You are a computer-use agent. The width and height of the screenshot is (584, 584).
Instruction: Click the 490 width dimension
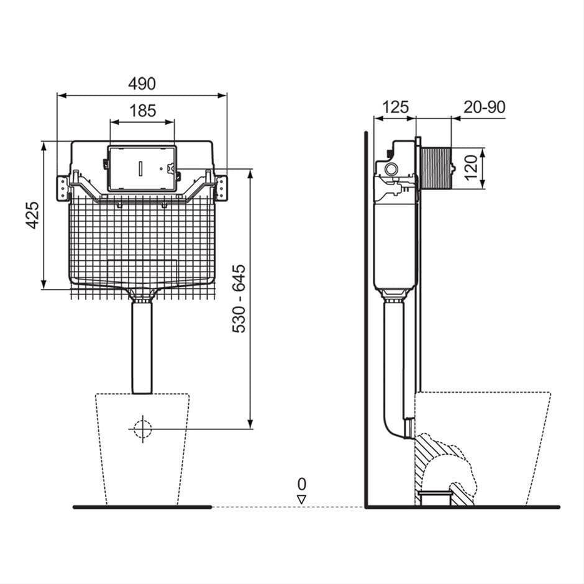(142, 83)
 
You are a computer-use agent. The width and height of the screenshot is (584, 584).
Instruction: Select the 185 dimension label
(142, 111)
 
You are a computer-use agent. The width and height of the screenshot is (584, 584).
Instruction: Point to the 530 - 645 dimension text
(239, 298)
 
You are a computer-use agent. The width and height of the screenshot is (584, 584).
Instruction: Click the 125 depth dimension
(395, 107)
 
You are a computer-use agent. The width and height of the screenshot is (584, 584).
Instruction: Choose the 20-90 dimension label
(485, 107)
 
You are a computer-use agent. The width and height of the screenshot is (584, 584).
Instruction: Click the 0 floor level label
(302, 483)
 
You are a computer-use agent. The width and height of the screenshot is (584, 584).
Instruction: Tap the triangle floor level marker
(302, 499)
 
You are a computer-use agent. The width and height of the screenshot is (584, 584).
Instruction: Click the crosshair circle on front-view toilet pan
(142, 429)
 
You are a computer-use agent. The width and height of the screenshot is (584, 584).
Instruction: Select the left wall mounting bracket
(62, 188)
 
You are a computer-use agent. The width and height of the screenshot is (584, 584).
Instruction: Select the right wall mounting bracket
(222, 188)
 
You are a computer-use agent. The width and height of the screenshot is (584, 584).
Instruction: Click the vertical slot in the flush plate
(142, 168)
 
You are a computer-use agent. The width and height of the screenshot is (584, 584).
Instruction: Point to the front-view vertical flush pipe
(142, 348)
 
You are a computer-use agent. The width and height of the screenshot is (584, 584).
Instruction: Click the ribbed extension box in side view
(436, 168)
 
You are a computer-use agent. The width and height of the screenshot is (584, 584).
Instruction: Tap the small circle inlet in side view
(391, 169)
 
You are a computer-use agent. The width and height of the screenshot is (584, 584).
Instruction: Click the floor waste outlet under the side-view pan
(434, 496)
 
